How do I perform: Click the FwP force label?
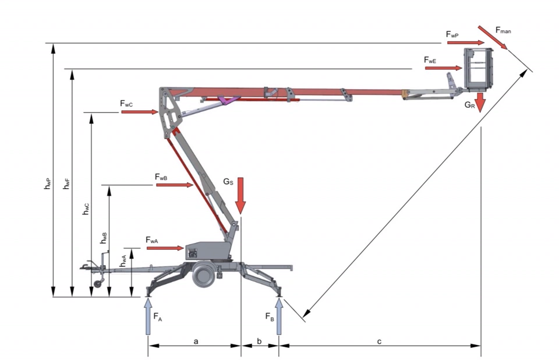coord(452,34)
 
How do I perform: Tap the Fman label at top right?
coord(503,30)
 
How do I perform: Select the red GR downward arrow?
coord(480,103)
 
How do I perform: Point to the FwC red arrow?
coord(140,112)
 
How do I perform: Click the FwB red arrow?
coord(175,185)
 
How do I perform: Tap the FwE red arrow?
coord(444,68)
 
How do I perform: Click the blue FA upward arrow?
coord(148,316)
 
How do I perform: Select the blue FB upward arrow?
coord(279,316)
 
